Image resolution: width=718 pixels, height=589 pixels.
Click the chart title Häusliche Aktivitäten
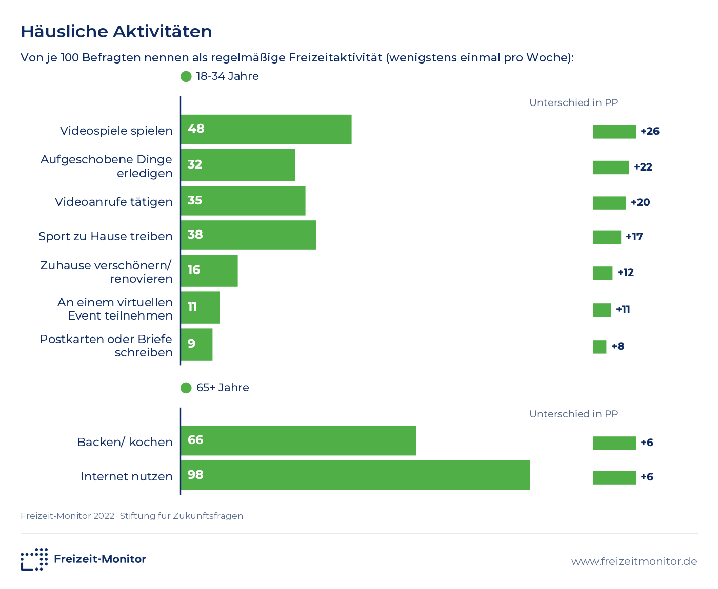click(x=116, y=32)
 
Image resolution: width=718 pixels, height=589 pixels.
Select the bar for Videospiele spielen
click(x=266, y=129)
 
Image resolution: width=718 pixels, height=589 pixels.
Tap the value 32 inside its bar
click(x=195, y=164)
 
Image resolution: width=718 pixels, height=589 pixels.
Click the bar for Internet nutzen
click(x=355, y=475)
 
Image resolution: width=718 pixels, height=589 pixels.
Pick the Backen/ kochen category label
click(x=125, y=441)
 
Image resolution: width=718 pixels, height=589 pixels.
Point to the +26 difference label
click(x=650, y=131)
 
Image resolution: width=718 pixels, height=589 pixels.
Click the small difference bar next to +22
click(x=611, y=167)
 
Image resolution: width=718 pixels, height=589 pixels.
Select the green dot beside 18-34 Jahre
click(x=186, y=76)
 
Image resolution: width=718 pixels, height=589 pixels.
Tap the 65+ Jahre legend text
click(x=223, y=388)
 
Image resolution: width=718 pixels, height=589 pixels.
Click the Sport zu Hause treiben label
click(x=106, y=236)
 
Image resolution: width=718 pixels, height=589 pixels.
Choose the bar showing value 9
click(x=196, y=344)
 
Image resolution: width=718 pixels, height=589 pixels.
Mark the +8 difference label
click(x=617, y=347)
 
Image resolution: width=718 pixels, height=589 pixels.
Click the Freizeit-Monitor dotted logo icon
click(x=34, y=559)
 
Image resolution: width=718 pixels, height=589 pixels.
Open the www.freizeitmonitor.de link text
click(x=634, y=561)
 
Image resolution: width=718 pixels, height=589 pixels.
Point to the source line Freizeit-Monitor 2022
click(x=67, y=516)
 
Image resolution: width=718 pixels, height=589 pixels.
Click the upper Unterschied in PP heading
click(x=574, y=103)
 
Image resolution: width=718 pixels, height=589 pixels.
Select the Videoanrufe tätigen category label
click(x=114, y=202)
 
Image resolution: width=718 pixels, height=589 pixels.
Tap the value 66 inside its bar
click(x=195, y=440)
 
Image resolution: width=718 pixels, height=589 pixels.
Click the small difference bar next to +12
click(x=603, y=273)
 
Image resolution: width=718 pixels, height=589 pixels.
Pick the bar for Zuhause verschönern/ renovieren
click(x=209, y=271)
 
